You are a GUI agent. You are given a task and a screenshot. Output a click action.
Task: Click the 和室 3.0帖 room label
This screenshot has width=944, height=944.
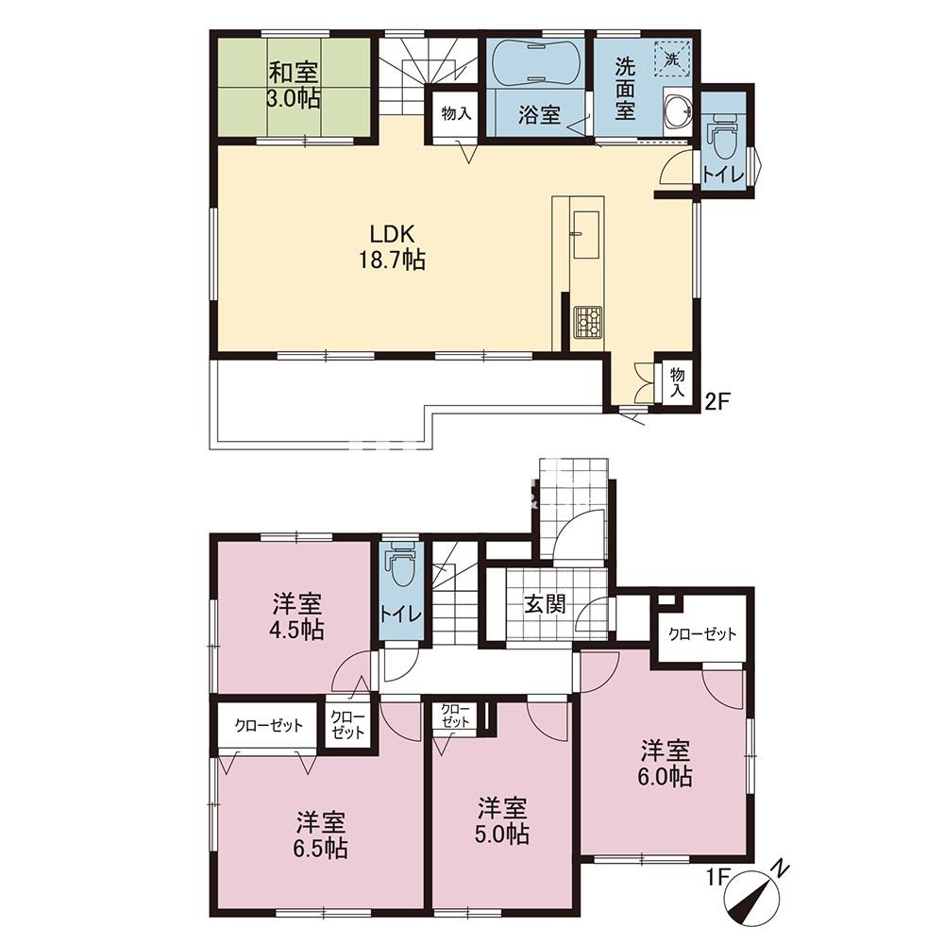pos(294,84)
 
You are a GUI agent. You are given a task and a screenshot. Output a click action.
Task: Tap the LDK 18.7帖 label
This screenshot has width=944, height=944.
pos(393,246)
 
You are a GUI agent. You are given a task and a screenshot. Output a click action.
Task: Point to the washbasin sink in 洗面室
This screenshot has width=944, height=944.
pos(679,110)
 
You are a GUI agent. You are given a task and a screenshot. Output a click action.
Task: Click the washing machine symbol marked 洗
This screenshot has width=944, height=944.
pos(670,59)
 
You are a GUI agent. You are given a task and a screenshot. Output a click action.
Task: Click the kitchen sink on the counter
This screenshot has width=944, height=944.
pos(584,233)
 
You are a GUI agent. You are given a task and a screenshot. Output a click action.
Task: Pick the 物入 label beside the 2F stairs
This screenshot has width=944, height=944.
pos(455,113)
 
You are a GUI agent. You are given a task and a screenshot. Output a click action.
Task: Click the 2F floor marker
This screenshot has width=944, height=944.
pos(717,401)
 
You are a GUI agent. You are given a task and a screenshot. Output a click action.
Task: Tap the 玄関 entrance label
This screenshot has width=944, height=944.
pos(545,604)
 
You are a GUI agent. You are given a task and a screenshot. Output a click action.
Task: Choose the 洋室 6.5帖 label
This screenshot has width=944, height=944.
pos(321,835)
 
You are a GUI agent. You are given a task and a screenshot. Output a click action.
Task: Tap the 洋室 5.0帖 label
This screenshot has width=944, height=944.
pos(503,820)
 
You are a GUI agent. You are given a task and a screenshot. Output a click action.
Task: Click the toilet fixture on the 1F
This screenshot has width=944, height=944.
pos(401,565)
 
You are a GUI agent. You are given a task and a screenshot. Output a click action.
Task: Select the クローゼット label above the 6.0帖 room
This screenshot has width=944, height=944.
pos(702,634)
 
